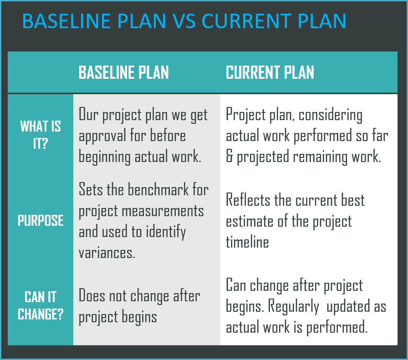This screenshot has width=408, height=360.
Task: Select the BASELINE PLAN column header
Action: (x=123, y=73)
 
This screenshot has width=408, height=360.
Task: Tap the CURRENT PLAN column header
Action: (x=270, y=73)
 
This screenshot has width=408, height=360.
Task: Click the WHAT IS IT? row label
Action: (x=41, y=135)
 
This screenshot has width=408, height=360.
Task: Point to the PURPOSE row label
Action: (x=41, y=221)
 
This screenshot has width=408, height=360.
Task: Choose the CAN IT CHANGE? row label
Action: (x=41, y=306)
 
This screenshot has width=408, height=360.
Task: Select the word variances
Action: (x=107, y=253)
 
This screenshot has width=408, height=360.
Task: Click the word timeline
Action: (x=247, y=242)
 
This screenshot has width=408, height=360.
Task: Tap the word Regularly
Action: (x=293, y=307)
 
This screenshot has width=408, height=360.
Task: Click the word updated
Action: (x=351, y=307)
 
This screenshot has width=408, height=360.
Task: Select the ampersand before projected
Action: (x=229, y=157)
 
